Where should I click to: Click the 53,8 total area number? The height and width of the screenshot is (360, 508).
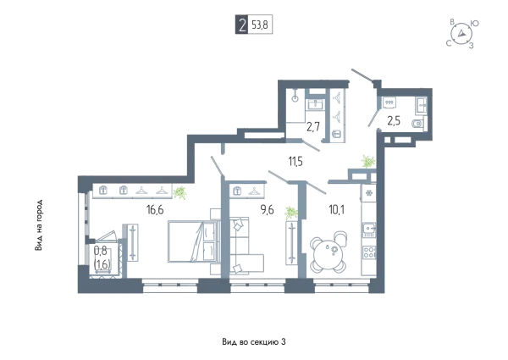tap(260, 25)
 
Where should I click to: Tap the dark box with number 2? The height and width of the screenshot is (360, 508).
tap(241, 25)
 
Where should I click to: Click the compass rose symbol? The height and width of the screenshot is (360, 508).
tap(461, 34)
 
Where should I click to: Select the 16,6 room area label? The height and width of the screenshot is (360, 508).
tap(155, 210)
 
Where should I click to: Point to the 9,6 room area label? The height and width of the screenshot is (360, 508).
tap(268, 210)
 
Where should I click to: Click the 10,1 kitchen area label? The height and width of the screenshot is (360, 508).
tap(337, 210)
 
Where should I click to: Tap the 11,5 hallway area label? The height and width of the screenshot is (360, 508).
tap(295, 161)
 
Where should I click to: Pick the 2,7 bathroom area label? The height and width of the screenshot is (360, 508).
tap(313, 126)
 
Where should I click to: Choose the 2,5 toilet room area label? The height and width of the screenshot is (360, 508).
tap(394, 121)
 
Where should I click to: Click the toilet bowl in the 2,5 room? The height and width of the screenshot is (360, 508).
tap(417, 124)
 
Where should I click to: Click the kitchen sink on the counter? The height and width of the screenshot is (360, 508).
tap(369, 230)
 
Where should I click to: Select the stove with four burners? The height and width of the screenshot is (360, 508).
tap(369, 252)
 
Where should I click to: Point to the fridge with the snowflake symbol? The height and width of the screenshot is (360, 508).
tap(368, 193)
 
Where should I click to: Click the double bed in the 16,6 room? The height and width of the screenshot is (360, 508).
tap(192, 241)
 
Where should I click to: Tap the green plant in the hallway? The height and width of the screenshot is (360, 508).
tap(368, 162)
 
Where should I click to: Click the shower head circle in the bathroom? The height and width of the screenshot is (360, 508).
tap(295, 99)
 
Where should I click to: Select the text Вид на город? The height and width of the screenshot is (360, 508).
tap(39, 224)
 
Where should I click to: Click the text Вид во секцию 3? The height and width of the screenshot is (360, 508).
tap(254, 342)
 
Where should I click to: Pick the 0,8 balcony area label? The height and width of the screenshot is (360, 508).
tap(101, 250)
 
